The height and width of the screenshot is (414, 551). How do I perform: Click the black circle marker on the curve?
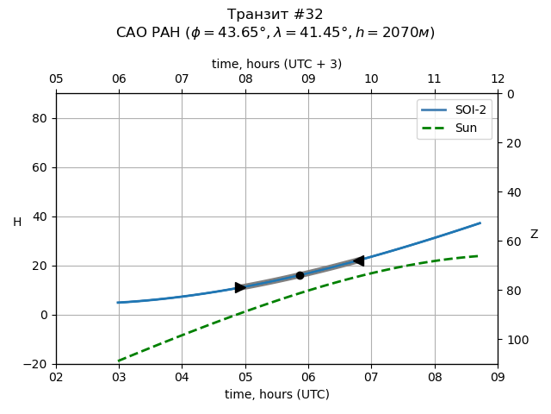[x=300, y=275]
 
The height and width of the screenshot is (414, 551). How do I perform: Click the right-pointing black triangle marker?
[x=240, y=287]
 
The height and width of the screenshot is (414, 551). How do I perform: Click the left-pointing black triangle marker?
[x=358, y=260]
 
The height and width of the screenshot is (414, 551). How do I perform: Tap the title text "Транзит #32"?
[x=275, y=15]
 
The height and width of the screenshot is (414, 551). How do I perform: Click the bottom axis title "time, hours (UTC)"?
[x=276, y=394]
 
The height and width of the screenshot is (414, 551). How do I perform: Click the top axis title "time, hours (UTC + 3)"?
[x=276, y=64]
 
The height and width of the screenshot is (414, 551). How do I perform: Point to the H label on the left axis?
[x=17, y=223]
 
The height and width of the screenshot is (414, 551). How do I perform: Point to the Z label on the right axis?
[x=534, y=235]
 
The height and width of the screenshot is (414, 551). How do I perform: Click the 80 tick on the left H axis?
[x=40, y=118]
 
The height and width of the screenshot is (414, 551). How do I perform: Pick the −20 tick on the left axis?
[x=36, y=364]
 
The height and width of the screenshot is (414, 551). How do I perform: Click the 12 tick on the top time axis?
[x=498, y=79]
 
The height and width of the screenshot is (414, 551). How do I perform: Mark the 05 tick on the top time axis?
[x=56, y=79]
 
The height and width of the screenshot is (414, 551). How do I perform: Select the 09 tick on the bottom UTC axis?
[x=498, y=377]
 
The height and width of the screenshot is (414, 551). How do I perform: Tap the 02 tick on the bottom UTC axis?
[x=56, y=377]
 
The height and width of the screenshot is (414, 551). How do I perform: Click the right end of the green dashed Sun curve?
[x=479, y=255]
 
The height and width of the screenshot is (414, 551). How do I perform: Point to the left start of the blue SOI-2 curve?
[x=119, y=303]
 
